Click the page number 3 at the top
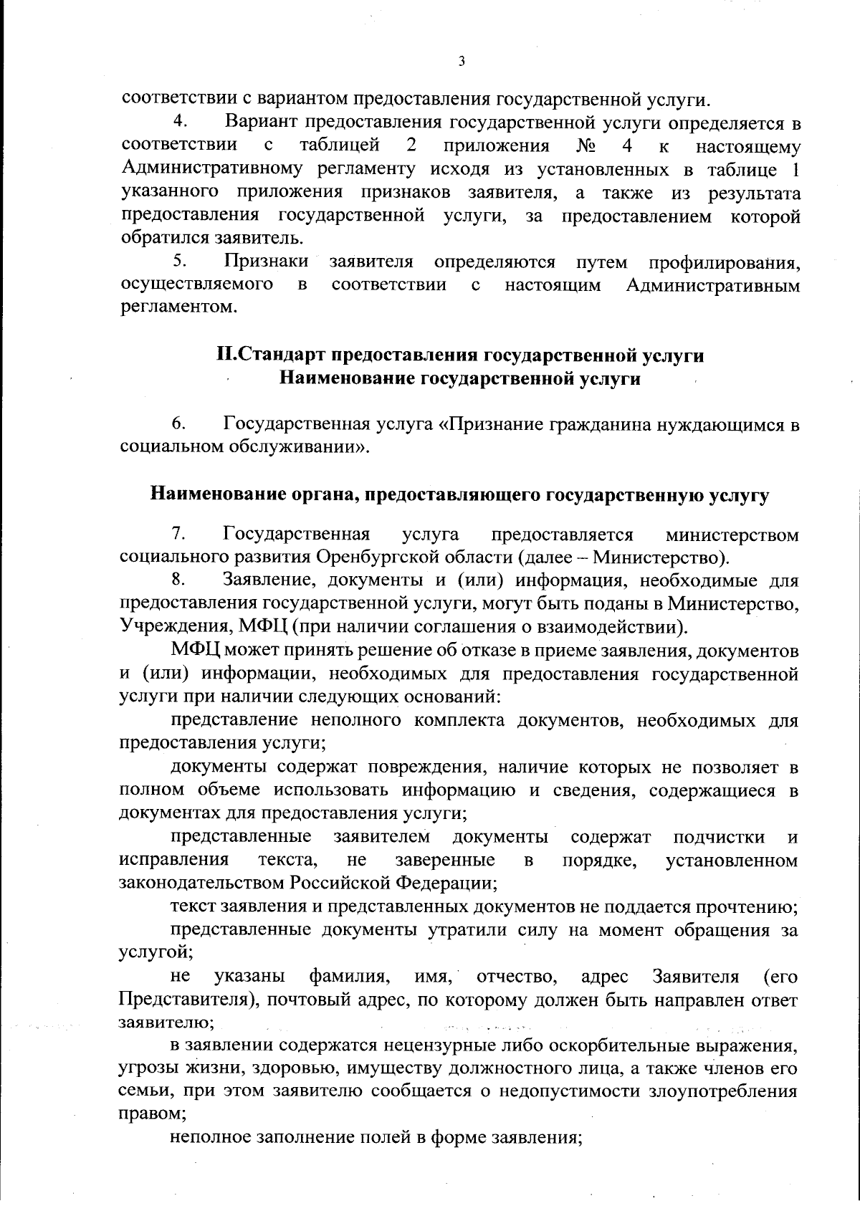pyautogui.click(x=462, y=62)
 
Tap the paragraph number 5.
pyautogui.click(x=179, y=262)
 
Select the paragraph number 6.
pyautogui.click(x=179, y=424)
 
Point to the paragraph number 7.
pyautogui.click(x=179, y=534)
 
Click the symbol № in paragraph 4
pyautogui.click(x=585, y=146)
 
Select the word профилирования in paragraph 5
pyautogui.click(x=724, y=262)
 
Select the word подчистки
pyautogui.click(x=719, y=837)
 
